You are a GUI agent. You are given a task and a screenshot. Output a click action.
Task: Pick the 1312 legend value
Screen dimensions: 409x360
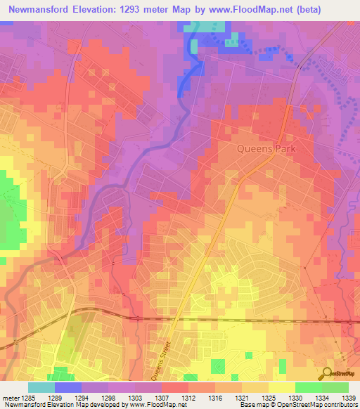click(x=188, y=398)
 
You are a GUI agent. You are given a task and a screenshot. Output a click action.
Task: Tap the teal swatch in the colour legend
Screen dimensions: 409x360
click(x=41, y=387)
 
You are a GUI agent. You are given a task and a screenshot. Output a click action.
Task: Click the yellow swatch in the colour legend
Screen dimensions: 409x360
click(x=281, y=387)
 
